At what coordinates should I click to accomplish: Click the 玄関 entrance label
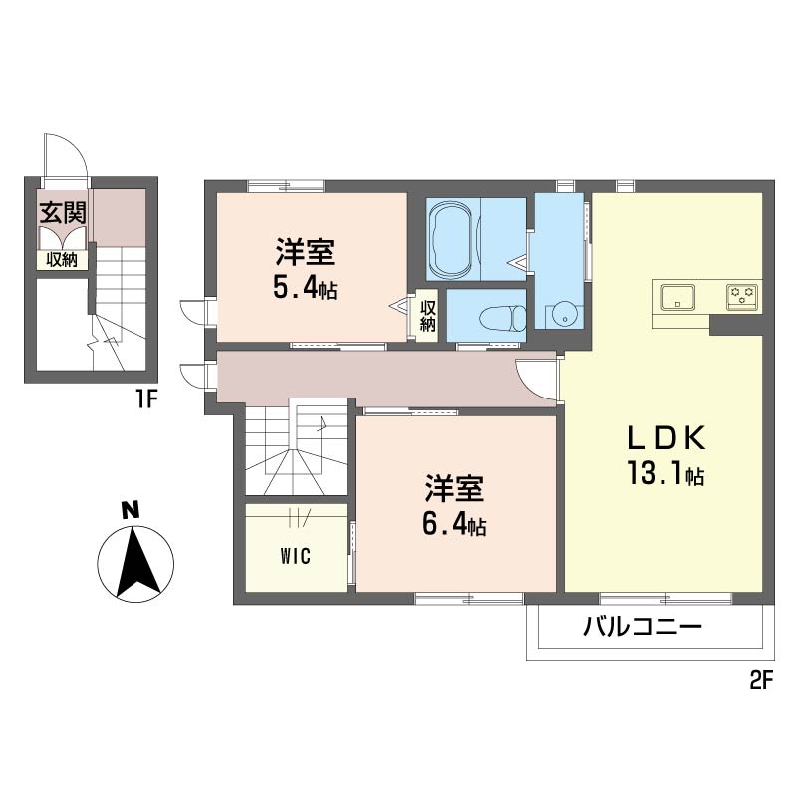(x=63, y=212)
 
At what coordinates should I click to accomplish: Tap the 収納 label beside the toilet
(x=428, y=315)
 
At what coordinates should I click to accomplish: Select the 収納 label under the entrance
(x=62, y=260)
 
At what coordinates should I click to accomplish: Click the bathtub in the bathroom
(x=453, y=239)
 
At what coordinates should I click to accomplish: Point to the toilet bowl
(x=503, y=318)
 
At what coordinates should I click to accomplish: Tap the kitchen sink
(x=677, y=296)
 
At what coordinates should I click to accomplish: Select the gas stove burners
(x=742, y=296)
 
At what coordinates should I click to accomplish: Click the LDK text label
(x=665, y=438)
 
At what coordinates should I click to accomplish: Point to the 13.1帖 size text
(x=665, y=474)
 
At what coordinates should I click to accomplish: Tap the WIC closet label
(x=295, y=557)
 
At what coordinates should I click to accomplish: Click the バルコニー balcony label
(x=642, y=626)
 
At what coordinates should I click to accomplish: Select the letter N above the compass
(x=132, y=510)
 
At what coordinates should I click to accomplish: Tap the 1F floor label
(x=145, y=400)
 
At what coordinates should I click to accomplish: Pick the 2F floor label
(x=761, y=681)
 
